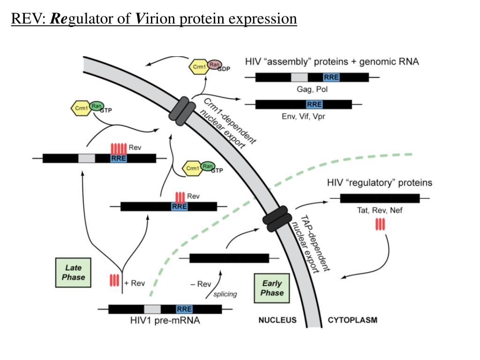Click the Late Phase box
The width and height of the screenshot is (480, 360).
coord(74,272)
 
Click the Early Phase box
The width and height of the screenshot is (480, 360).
coord(272,288)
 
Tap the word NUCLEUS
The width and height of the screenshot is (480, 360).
coord(277,321)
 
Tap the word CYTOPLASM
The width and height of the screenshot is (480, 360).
coord(352,321)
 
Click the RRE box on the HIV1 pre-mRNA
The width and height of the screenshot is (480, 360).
coord(184,309)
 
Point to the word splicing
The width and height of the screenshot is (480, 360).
coord(225,294)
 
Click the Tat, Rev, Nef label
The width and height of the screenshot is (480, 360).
coord(380,210)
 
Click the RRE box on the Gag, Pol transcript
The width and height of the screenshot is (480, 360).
coord(331,77)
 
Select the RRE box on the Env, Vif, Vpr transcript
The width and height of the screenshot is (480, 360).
coord(314,104)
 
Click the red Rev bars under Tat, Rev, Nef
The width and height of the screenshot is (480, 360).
coord(380,225)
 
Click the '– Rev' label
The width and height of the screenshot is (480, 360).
coord(201,284)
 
